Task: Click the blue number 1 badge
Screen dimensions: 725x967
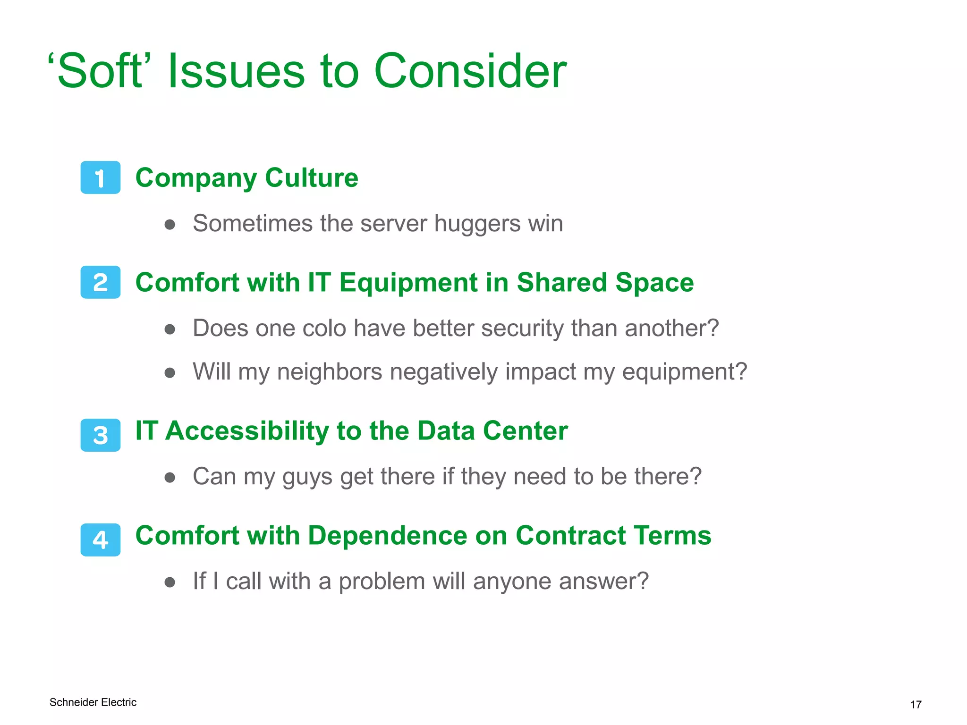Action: (x=100, y=177)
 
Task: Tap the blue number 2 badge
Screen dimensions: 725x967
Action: (x=100, y=282)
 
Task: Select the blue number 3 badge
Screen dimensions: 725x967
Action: (x=100, y=435)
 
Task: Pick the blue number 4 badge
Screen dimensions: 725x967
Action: (x=100, y=540)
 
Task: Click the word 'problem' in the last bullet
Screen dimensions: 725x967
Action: (x=382, y=582)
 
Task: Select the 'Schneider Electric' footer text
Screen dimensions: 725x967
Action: (x=93, y=702)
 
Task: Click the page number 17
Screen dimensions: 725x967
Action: (x=916, y=705)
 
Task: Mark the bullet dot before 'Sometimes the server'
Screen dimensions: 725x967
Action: (x=170, y=225)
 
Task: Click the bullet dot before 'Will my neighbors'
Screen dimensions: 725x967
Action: (x=170, y=373)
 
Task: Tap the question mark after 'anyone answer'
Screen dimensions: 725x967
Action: (x=642, y=581)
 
